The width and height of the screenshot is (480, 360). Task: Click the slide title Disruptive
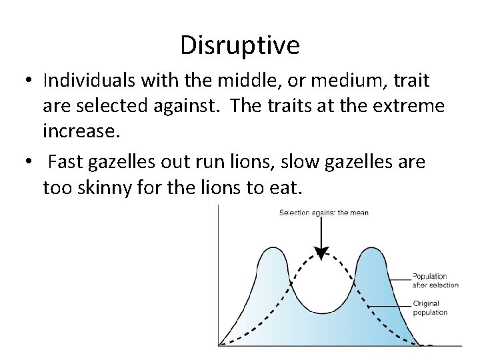click(240, 45)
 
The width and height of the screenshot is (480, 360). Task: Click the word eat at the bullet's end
click(287, 187)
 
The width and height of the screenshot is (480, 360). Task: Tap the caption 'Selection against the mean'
click(323, 213)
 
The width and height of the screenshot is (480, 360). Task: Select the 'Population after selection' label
click(435, 280)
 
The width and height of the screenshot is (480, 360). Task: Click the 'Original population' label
click(430, 308)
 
